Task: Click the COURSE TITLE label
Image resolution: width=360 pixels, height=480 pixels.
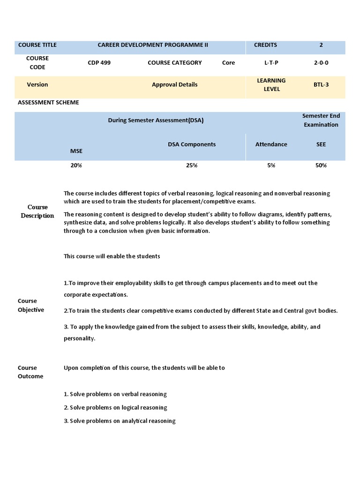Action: [37, 45]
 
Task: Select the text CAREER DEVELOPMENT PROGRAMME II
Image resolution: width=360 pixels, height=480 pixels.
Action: [153, 45]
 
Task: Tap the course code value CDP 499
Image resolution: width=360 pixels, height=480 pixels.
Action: [99, 63]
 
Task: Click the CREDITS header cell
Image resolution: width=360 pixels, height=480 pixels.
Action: [265, 45]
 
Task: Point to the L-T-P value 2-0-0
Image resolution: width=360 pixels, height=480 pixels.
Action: [321, 63]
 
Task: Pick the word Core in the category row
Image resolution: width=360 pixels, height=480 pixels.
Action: [228, 63]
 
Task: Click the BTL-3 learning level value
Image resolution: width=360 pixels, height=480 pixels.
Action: [321, 85]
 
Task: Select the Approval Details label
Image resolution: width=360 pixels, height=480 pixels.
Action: [174, 85]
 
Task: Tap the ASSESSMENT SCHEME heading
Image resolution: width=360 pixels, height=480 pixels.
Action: [48, 103]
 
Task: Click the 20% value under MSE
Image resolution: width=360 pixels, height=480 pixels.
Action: [76, 165]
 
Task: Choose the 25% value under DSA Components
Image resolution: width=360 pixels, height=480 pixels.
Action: [192, 165]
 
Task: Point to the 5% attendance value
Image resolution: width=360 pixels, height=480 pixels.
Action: [271, 165]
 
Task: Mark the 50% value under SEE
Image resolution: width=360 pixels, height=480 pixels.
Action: [321, 165]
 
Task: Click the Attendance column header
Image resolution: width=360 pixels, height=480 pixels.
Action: [271, 144]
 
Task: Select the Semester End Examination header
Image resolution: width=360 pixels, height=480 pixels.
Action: [321, 120]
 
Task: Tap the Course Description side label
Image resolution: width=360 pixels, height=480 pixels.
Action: [37, 211]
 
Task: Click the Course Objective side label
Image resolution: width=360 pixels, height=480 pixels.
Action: [31, 305]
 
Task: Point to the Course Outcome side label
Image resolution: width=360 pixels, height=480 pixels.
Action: [30, 372]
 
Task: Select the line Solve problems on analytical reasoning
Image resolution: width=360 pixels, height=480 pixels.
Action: [120, 421]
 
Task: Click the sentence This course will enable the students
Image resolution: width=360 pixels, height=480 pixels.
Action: [112, 256]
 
